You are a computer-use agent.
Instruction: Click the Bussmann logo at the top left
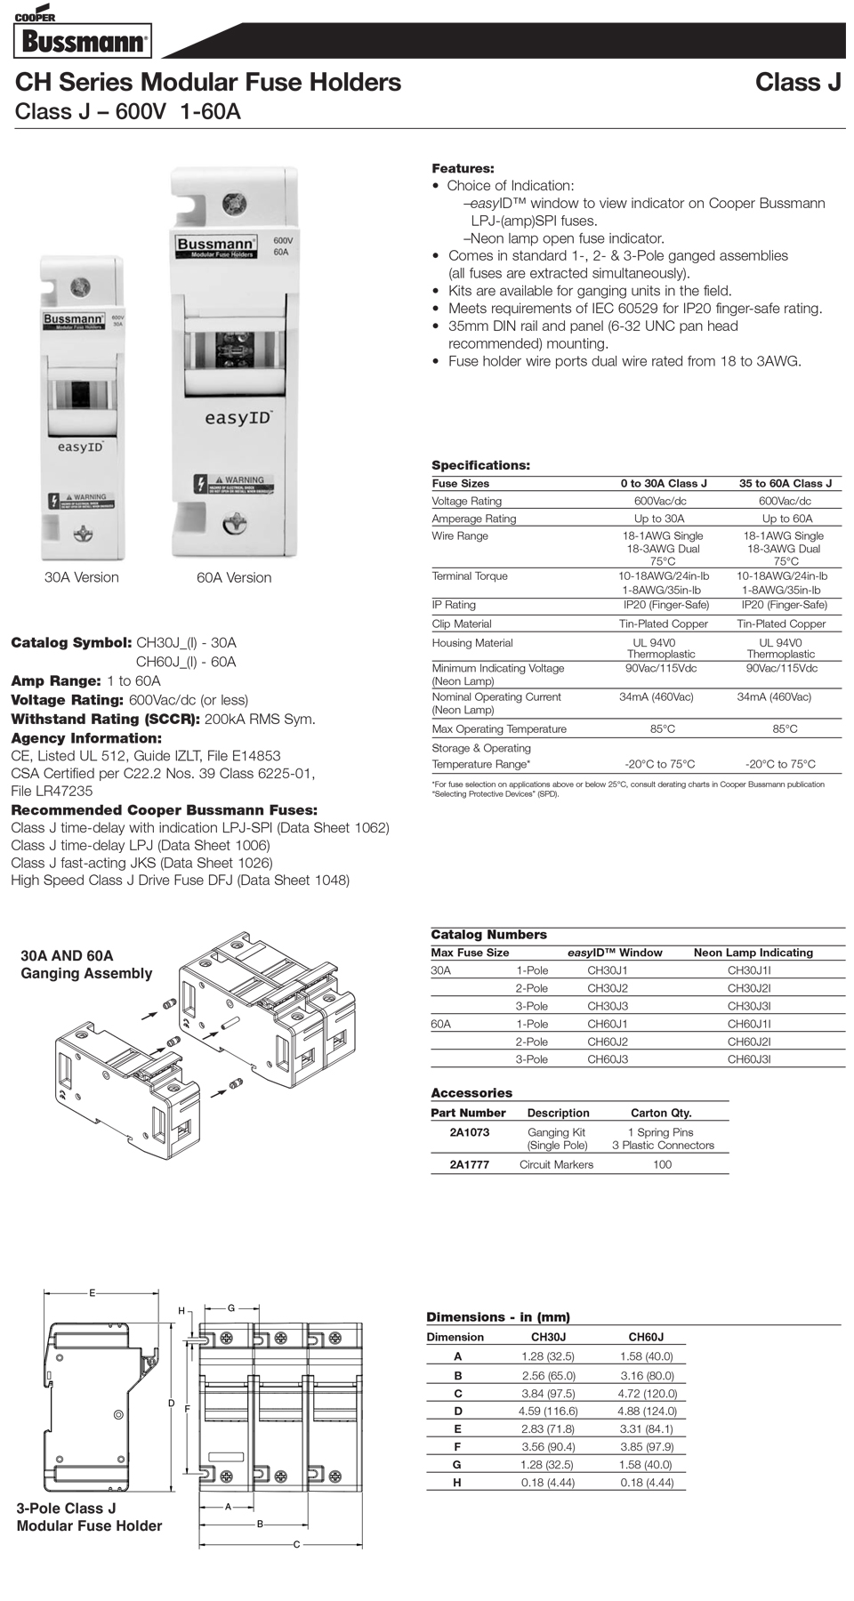(82, 41)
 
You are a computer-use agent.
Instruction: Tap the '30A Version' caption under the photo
(82, 577)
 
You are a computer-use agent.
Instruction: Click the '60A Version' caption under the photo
(234, 577)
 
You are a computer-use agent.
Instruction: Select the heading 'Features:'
(463, 168)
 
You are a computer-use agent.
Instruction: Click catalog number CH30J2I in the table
(749, 988)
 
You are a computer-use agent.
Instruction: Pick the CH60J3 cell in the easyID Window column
(608, 1059)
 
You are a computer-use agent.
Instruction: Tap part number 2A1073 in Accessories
(469, 1132)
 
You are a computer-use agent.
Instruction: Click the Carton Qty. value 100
(663, 1164)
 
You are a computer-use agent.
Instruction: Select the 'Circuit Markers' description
(556, 1164)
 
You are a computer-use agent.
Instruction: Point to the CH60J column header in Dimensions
(646, 1337)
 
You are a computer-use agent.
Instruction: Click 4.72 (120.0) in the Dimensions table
(647, 1394)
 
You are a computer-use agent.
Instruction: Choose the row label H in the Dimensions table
(457, 1483)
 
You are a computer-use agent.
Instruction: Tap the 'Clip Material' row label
(462, 624)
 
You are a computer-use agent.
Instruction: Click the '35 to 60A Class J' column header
(786, 483)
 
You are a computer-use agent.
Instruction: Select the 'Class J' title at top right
(798, 83)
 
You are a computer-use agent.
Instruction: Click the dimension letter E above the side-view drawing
(92, 1292)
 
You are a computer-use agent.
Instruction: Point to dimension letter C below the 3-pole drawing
(297, 1544)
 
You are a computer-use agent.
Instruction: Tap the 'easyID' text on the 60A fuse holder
(238, 417)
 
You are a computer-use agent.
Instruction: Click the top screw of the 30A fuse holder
(81, 286)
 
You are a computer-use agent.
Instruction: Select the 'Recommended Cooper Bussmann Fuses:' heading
(164, 810)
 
